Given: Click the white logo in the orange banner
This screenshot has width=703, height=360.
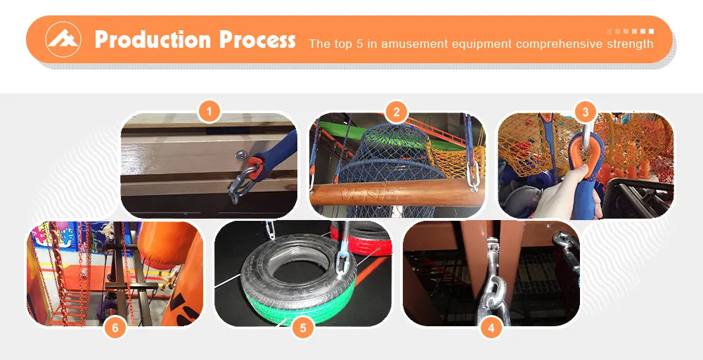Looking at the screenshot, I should [63, 39].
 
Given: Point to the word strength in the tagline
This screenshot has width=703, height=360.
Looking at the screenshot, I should [626, 44].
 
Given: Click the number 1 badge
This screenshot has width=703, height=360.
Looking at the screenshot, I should [209, 111].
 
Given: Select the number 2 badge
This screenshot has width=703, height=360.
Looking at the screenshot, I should [396, 111].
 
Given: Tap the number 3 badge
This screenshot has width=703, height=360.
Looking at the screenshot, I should [585, 111].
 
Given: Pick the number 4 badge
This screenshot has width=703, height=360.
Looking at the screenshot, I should [490, 327].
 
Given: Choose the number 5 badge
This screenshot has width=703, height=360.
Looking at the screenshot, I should [302, 327].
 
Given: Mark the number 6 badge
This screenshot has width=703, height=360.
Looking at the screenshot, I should [115, 327].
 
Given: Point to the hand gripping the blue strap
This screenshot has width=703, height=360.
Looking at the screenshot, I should [576, 198].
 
